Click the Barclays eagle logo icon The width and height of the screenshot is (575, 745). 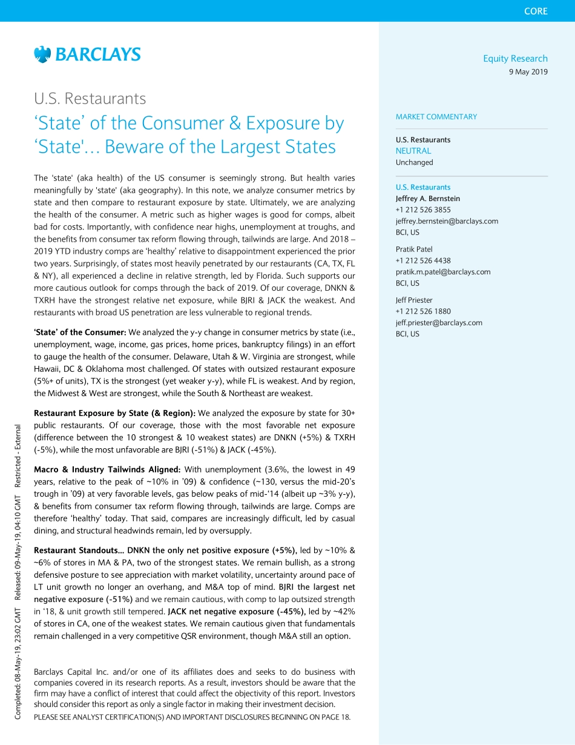(x=42, y=55)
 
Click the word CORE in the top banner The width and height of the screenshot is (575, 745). (x=536, y=11)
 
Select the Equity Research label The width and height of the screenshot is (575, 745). (x=515, y=59)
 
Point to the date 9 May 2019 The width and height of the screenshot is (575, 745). (x=528, y=71)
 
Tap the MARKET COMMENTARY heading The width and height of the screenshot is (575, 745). (x=436, y=117)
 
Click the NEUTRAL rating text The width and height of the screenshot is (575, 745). (x=413, y=151)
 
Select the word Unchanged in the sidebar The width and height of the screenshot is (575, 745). (x=415, y=162)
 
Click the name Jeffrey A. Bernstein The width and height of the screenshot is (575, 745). (x=427, y=199)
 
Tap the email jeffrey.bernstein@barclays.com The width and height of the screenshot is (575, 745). (x=447, y=221)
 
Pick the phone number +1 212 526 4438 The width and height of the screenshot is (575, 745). (x=423, y=260)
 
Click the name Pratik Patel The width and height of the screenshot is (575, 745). (x=414, y=249)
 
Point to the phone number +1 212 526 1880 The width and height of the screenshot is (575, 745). (x=423, y=311)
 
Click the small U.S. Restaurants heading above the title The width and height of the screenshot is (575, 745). (x=90, y=98)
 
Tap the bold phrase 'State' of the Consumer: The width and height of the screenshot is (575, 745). (x=80, y=332)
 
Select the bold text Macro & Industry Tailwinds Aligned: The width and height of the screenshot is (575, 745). (x=107, y=469)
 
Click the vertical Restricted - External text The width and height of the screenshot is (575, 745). (x=19, y=451)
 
